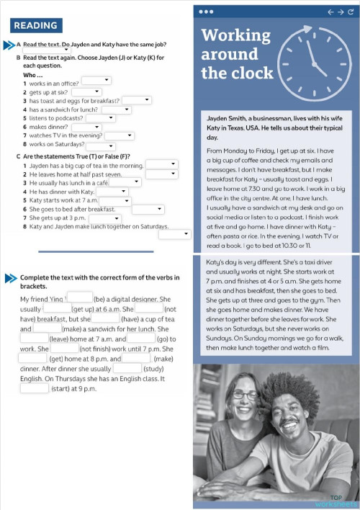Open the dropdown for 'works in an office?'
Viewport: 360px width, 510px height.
click(x=96, y=81)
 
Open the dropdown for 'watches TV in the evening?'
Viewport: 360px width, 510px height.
click(x=120, y=135)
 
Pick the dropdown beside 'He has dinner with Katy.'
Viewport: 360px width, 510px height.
click(x=113, y=192)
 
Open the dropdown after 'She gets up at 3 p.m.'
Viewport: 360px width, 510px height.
click(x=105, y=218)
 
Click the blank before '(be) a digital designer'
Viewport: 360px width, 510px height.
click(x=80, y=297)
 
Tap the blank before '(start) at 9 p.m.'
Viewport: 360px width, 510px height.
click(x=35, y=388)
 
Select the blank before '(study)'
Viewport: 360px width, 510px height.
click(x=127, y=368)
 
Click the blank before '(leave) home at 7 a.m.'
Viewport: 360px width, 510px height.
click(x=34, y=337)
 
